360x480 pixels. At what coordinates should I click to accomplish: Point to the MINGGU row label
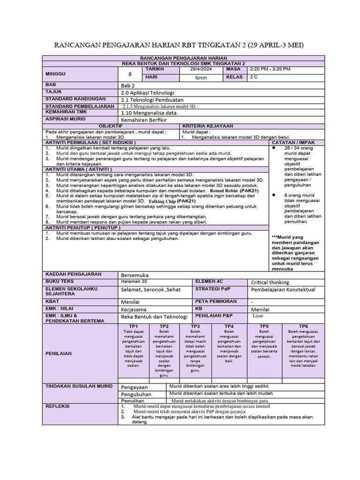coord(56,74)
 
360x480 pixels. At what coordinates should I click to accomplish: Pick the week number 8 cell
coord(130,74)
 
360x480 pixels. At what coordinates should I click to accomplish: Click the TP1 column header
coord(133,326)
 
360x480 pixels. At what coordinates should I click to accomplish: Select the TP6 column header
coord(303,326)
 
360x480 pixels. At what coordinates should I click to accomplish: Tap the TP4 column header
coord(229,326)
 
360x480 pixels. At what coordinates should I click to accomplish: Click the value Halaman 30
coord(134,281)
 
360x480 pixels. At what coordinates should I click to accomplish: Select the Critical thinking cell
coord(270,282)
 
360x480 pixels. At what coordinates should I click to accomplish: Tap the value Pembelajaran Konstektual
coord(283,290)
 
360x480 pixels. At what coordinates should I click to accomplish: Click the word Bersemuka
coord(135,274)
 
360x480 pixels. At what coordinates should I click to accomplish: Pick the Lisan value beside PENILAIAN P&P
coord(258,316)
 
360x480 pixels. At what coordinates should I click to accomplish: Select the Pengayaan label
coord(134,387)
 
